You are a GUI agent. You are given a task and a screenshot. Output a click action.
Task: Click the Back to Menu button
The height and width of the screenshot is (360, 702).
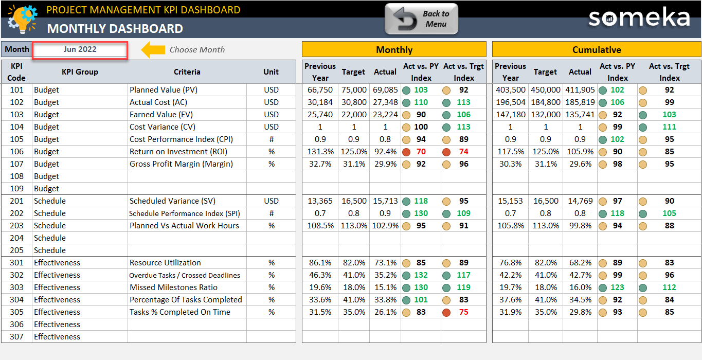coord(421,19)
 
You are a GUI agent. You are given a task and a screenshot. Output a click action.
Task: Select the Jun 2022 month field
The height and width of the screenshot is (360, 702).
coord(80,50)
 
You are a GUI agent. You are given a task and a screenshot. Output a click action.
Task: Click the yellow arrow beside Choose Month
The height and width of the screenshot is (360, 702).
coord(153,50)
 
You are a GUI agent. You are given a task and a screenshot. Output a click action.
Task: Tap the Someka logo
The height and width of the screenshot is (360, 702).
coord(639,18)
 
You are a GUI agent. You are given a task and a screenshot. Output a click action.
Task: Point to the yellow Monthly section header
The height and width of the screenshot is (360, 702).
coord(394,50)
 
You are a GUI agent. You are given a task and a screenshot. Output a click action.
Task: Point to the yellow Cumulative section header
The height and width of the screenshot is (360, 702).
coord(597,50)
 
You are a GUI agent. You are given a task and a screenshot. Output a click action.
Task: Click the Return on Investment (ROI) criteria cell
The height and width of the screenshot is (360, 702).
coord(178,152)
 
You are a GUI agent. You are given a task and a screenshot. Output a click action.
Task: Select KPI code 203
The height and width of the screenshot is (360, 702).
coord(16,226)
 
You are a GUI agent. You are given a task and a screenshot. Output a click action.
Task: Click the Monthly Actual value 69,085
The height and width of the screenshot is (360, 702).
coord(385,90)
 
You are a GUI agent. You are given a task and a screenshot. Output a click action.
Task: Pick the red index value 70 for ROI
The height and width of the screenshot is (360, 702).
coord(421,152)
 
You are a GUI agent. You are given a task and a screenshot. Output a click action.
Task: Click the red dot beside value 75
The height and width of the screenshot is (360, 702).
coord(446,312)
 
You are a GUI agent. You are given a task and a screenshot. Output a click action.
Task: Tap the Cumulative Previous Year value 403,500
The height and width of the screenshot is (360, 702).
coord(510,90)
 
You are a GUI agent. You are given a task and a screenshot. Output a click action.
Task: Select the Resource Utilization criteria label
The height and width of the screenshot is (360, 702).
coord(165,263)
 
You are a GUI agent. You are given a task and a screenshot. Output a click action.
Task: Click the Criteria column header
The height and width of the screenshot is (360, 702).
coord(187,72)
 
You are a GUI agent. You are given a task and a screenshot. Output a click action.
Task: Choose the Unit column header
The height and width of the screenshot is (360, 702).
coord(271,72)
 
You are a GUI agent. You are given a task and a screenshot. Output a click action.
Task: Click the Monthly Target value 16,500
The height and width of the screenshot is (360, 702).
coord(354,201)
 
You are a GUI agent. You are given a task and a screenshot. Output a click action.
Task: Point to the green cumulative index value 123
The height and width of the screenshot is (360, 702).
coord(617,287)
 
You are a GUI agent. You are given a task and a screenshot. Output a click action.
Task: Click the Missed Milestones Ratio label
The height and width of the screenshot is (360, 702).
coord(173,287)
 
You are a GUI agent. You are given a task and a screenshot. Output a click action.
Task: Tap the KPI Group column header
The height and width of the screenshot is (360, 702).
coord(80,72)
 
